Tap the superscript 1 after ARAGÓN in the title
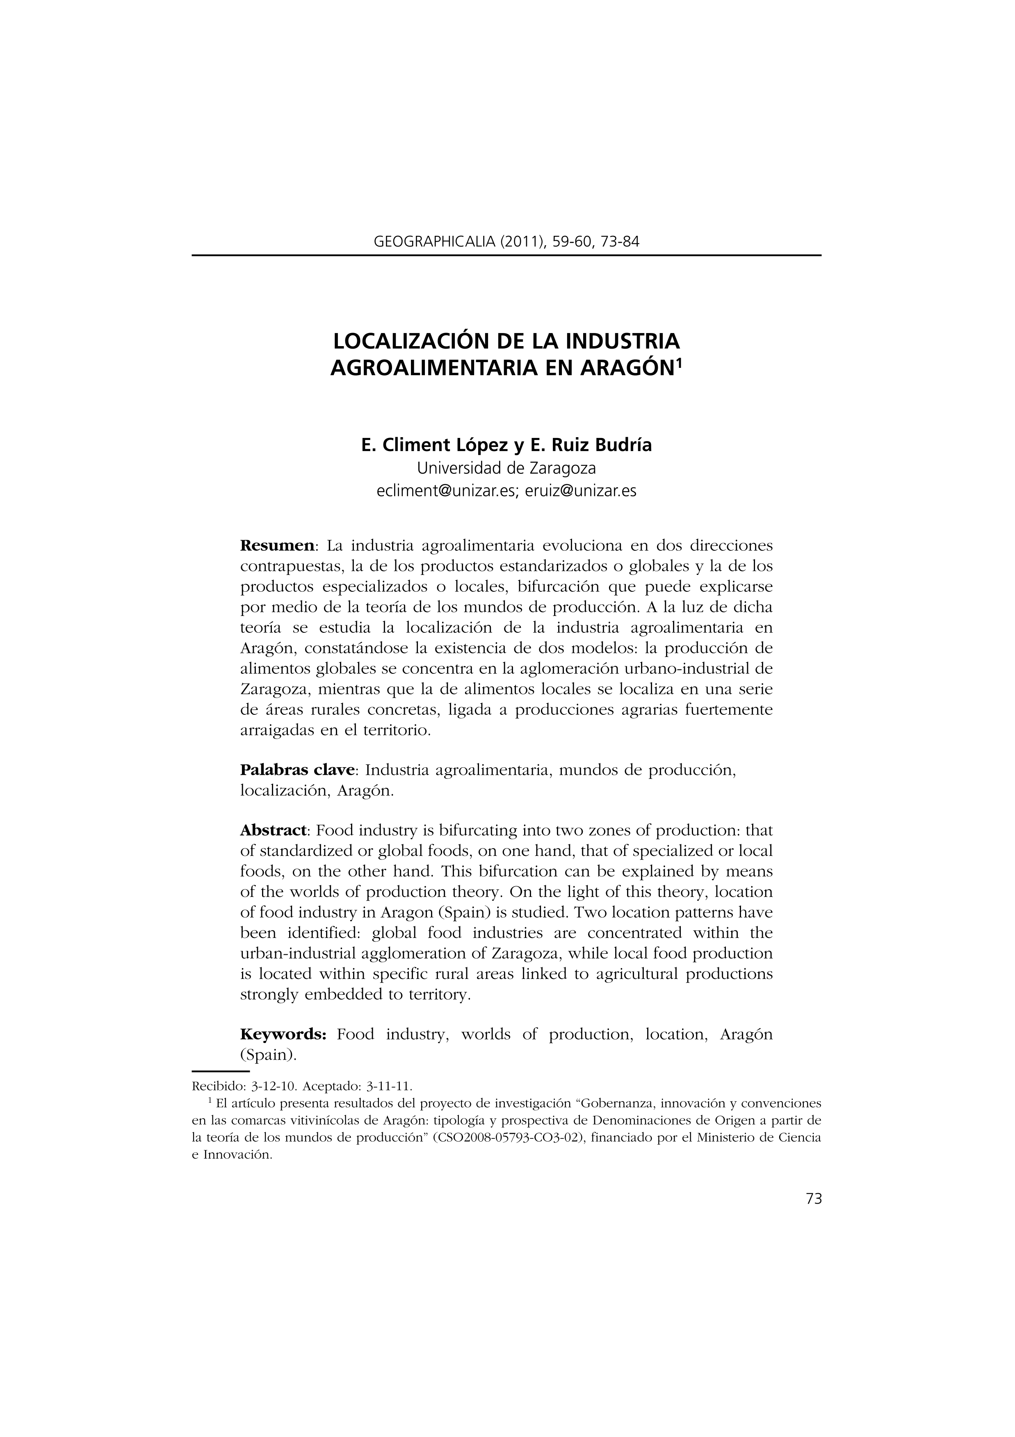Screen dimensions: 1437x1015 coord(680,362)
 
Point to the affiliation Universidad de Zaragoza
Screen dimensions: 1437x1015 coord(506,468)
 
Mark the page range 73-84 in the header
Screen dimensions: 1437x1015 coord(620,241)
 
